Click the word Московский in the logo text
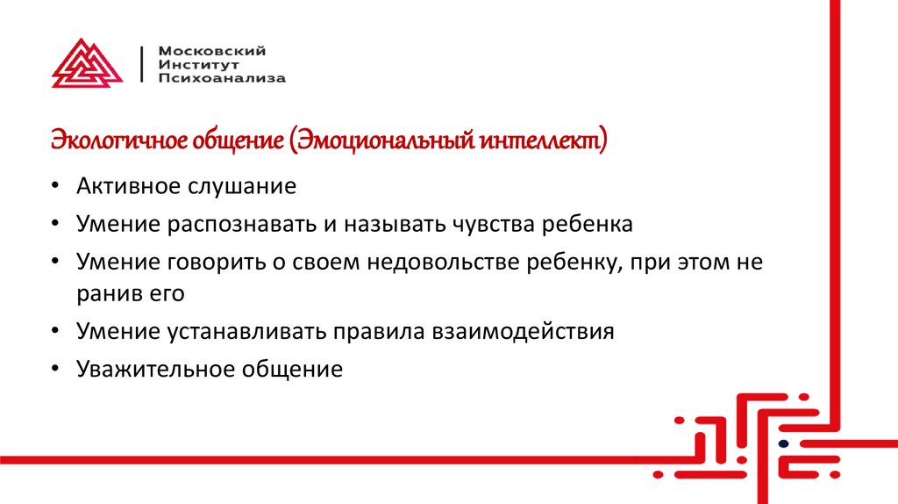click(200, 51)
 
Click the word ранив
click(105, 292)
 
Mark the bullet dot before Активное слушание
click(56, 187)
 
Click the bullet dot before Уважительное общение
click(56, 370)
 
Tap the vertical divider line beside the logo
click(143, 63)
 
